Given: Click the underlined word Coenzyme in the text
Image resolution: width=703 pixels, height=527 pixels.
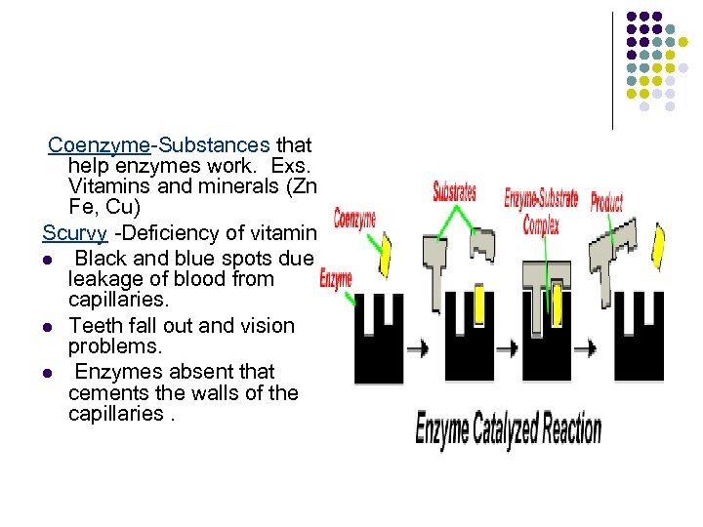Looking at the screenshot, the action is [98, 145].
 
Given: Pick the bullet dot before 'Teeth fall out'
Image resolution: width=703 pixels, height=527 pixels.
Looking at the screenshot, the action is [46, 327].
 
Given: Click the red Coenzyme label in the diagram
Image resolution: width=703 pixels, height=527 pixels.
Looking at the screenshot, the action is [354, 219].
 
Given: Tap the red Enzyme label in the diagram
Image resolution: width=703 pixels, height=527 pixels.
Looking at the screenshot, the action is [336, 280].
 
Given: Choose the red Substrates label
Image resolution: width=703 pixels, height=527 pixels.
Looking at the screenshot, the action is [455, 191].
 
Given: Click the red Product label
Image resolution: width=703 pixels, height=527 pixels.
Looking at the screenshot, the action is [605, 202].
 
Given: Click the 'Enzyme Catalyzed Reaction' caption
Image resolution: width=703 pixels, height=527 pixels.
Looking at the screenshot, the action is [508, 429].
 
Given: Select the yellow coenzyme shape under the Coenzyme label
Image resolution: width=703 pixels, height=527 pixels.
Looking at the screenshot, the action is [385, 256].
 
